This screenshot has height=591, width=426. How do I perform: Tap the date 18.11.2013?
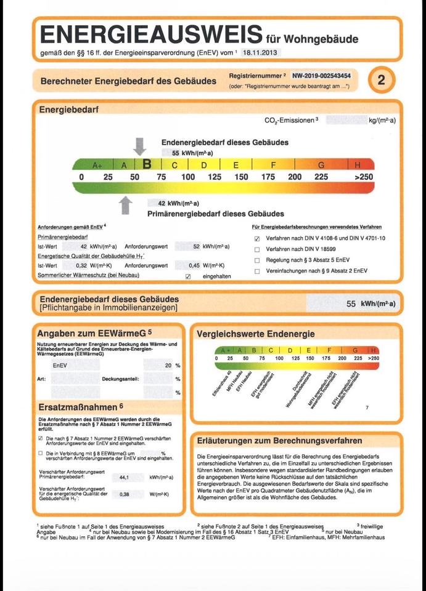pyautogui.click(x=260, y=54)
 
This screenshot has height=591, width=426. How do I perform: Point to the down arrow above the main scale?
pyautogui.click(x=140, y=146)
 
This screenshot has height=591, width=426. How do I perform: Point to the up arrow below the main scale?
pyautogui.click(x=126, y=205)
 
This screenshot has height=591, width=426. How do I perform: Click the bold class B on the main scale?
pyautogui.click(x=147, y=165)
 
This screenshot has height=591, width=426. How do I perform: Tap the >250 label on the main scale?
pyautogui.click(x=364, y=177)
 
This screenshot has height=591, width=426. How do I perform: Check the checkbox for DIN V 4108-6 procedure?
pyautogui.click(x=257, y=238)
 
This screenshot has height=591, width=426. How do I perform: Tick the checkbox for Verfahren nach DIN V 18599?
pyautogui.click(x=257, y=249)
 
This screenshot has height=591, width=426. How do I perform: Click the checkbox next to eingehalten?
pyautogui.click(x=189, y=276)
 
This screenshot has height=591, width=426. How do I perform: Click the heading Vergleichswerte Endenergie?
pyautogui.click(x=255, y=334)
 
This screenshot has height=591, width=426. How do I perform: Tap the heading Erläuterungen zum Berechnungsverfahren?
pyautogui.click(x=279, y=441)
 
